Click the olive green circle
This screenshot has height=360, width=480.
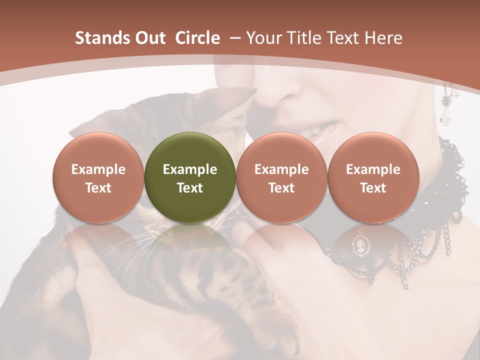pos(189,177)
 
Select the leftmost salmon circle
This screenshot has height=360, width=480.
pos(98,177)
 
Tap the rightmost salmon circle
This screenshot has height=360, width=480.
pos(373,177)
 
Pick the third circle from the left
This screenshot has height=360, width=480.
pos(281,177)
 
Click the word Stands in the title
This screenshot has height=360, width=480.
pos(102,38)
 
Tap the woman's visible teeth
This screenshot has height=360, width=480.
pos(315,131)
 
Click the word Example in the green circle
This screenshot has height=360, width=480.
pos(189,169)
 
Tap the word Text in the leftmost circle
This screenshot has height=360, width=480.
pos(98,188)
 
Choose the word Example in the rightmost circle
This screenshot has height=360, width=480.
pos(373,169)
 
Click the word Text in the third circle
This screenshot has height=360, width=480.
pos(281,188)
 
